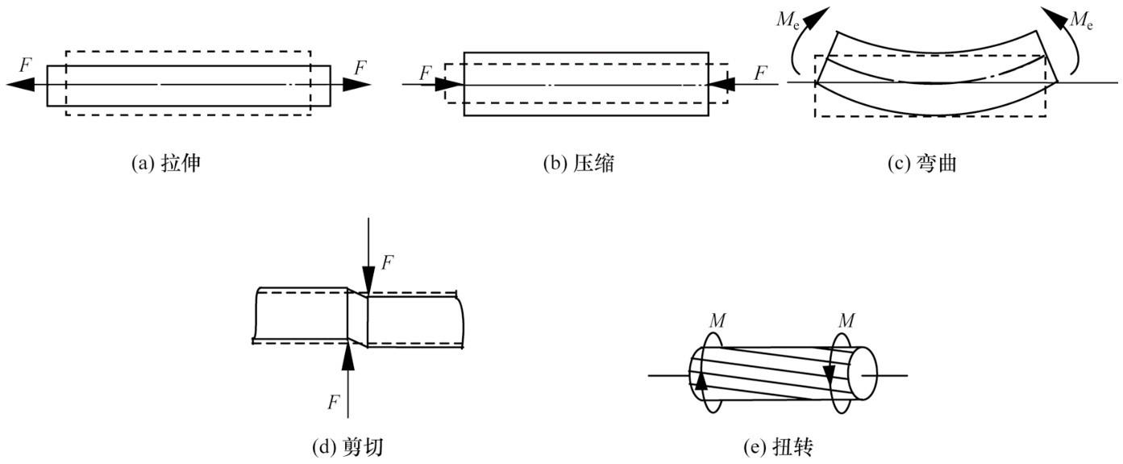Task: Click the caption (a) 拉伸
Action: click(166, 164)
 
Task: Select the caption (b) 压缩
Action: click(579, 164)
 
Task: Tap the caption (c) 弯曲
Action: click(922, 164)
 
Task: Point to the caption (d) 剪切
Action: click(347, 447)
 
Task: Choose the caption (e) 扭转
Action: click(778, 447)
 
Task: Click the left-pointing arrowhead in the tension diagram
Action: click(20, 84)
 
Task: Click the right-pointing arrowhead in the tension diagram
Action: click(356, 84)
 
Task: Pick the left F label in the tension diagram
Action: click(26, 65)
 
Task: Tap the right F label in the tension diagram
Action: click(360, 68)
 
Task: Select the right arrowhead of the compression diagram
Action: click(722, 84)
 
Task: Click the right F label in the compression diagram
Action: click(761, 73)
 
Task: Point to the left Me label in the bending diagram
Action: click(788, 20)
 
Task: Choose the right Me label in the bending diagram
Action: click(1080, 20)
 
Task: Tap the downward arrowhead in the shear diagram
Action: click(368, 281)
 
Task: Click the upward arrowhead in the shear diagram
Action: click(348, 357)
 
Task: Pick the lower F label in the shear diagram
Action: click(334, 403)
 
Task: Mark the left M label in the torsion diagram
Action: click(717, 320)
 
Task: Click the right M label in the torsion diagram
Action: click(846, 320)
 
